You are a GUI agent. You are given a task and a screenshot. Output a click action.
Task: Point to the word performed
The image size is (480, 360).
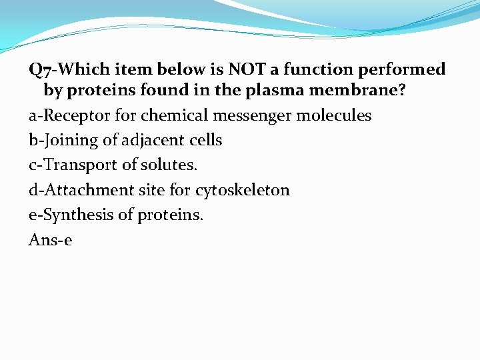pos(407,69)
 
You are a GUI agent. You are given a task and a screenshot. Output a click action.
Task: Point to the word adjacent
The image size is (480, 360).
pos(156,140)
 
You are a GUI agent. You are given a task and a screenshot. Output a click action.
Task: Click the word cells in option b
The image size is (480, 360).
pos(205,140)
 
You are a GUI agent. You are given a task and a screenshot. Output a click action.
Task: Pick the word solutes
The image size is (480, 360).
pos(170,165)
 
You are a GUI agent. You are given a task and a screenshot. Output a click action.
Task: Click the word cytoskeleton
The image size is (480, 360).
pos(243,190)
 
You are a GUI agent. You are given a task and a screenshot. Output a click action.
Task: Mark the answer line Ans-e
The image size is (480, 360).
pos(50,239)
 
